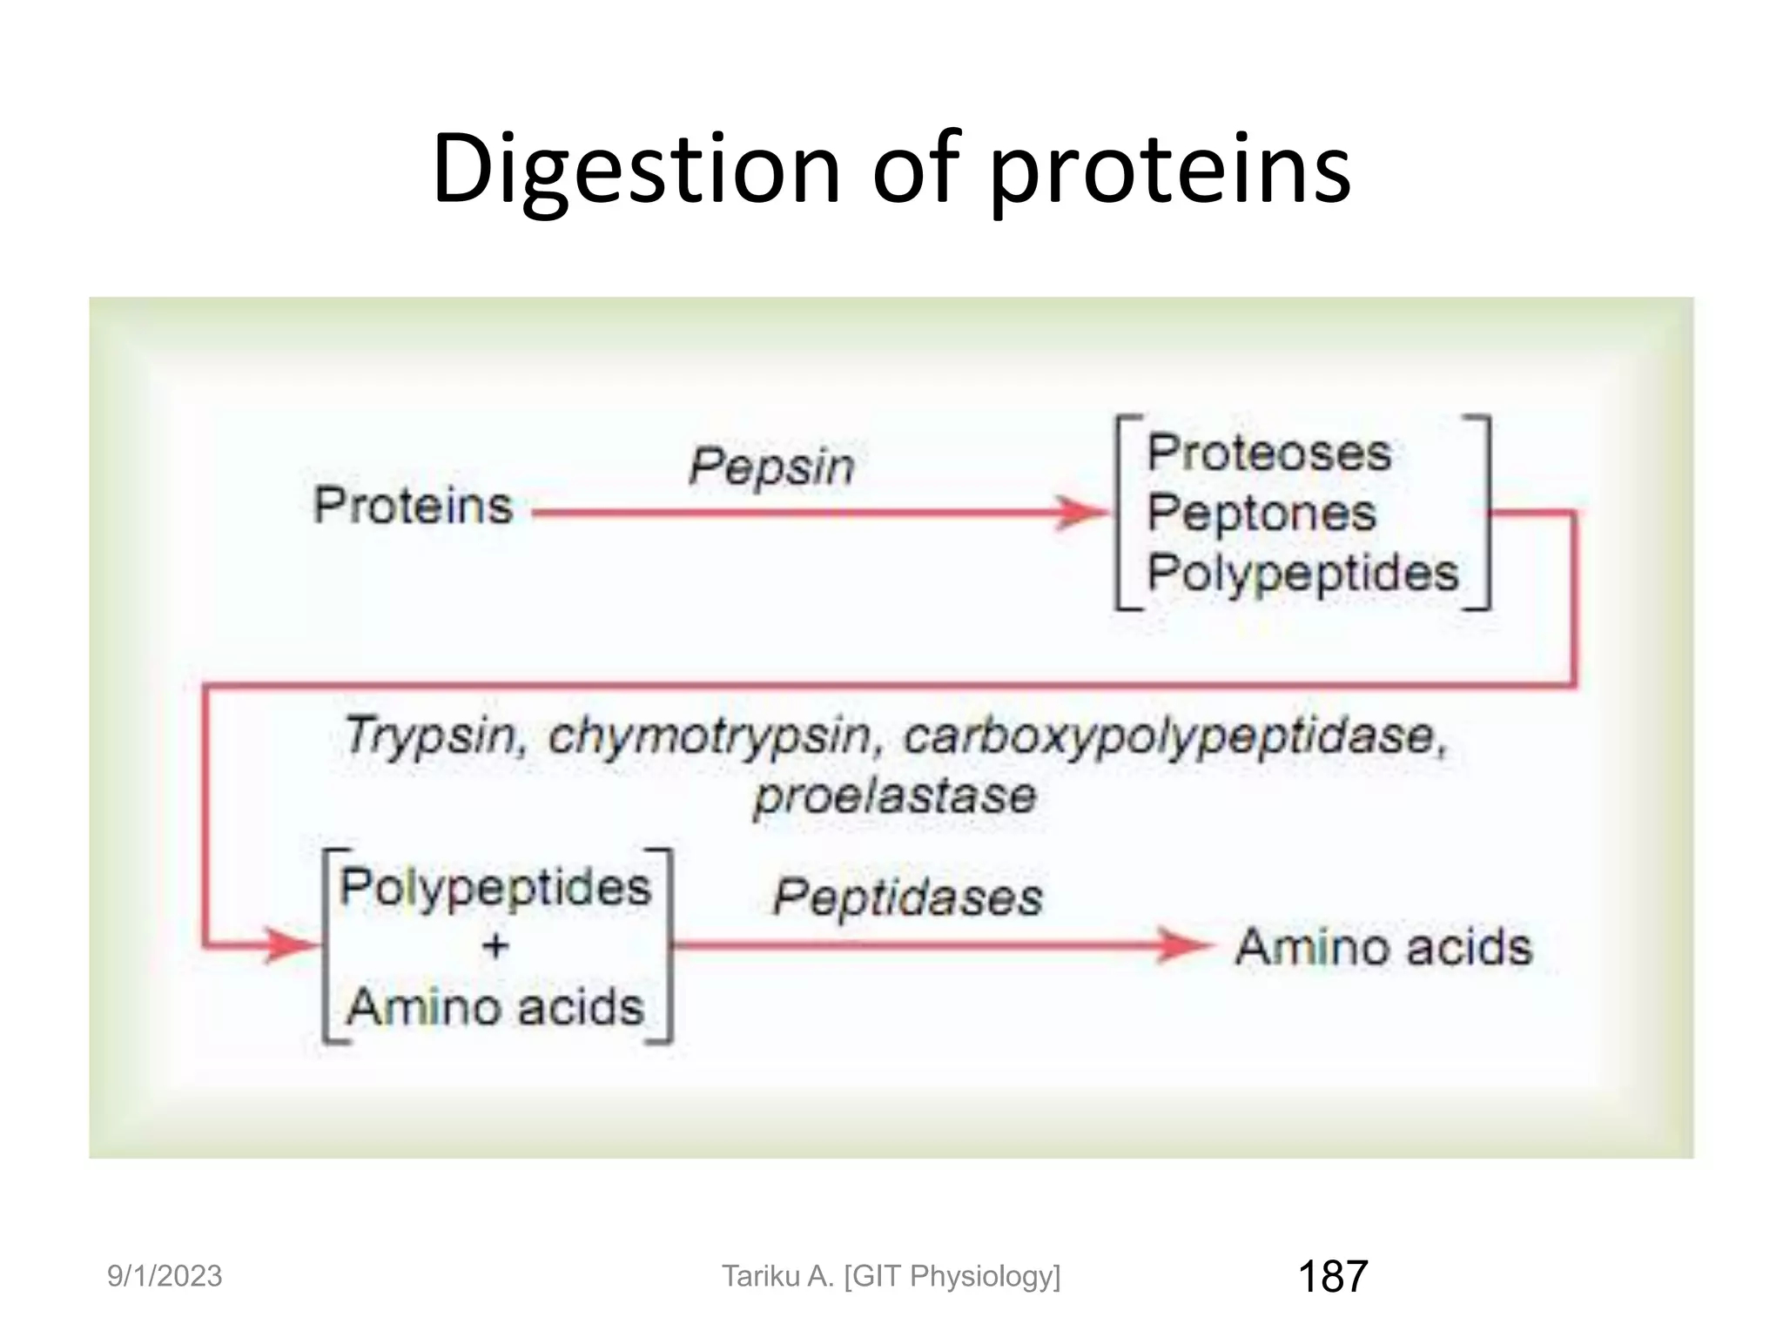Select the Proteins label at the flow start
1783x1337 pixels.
[413, 506]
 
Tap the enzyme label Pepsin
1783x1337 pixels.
[771, 467]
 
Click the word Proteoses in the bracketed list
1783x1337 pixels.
[1268, 454]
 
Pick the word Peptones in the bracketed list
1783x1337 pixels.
[1261, 513]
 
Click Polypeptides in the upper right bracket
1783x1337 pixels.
[1302, 573]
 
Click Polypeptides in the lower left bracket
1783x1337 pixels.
[495, 887]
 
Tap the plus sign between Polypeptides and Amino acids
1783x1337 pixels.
[495, 945]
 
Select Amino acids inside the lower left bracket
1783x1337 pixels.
[495, 1007]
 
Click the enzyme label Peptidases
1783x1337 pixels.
[907, 897]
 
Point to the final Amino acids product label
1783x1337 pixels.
[1383, 947]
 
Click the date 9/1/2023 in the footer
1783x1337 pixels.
[165, 1276]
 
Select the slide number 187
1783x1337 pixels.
[1332, 1276]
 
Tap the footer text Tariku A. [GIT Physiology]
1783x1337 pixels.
[891, 1276]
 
